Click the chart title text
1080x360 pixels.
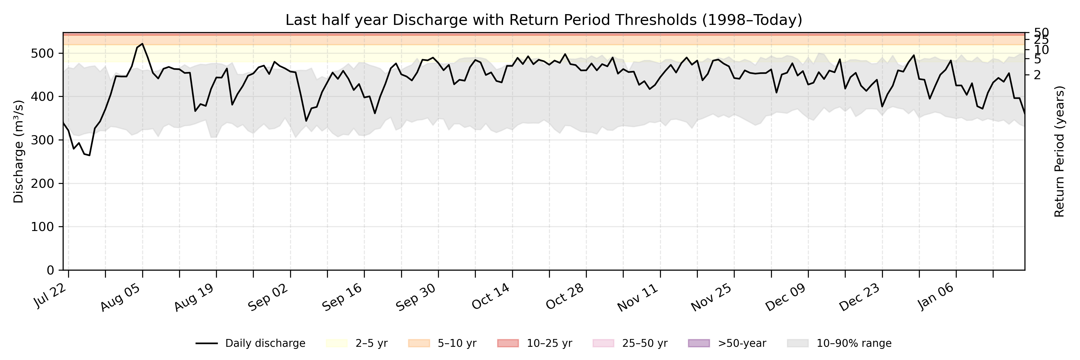(543, 20)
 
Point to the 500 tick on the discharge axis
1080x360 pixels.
(42, 53)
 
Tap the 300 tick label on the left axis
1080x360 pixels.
(42, 140)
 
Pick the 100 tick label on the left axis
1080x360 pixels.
(42, 227)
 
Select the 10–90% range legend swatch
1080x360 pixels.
(797, 343)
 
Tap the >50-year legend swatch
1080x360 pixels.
(699, 343)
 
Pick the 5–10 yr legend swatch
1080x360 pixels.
(419, 343)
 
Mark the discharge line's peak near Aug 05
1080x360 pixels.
(142, 43)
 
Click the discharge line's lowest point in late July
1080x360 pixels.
(89, 155)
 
